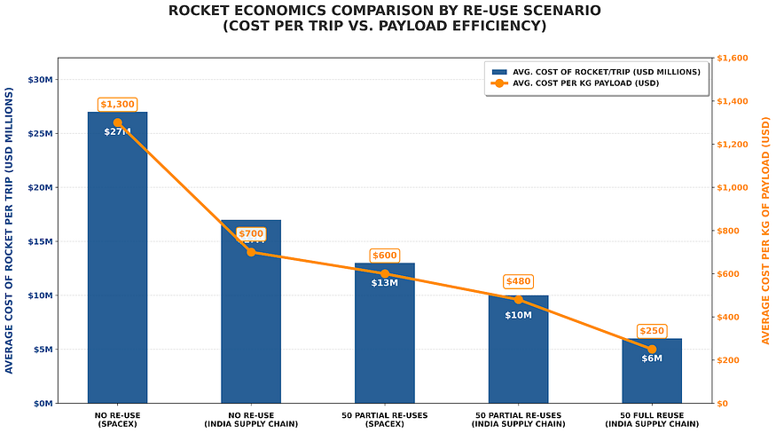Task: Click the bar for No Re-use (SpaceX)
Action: click(x=117, y=266)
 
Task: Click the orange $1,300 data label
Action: click(x=117, y=105)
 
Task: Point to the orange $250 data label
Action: click(x=652, y=331)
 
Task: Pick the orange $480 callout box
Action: click(x=518, y=281)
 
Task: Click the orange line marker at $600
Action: click(x=385, y=274)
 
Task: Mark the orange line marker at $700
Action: click(x=251, y=252)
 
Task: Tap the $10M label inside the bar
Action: click(x=518, y=315)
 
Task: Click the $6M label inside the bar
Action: click(x=652, y=358)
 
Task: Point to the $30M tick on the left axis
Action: click(x=41, y=80)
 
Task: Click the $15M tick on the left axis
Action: click(x=41, y=241)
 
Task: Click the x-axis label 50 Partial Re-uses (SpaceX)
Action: click(x=385, y=419)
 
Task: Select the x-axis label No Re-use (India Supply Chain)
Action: click(x=251, y=419)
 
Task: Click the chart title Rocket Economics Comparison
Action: click(x=384, y=18)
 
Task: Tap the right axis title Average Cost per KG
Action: click(x=765, y=231)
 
